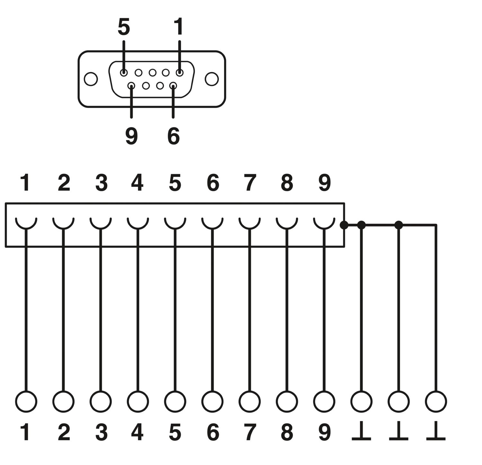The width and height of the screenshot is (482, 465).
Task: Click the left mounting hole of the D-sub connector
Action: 91,79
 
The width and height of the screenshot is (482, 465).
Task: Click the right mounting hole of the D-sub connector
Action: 212,79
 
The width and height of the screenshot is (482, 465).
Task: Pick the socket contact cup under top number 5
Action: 175,223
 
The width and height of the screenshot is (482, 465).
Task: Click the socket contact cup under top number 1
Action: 26,223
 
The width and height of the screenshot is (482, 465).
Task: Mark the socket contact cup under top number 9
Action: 324,223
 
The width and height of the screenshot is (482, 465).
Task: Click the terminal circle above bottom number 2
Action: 63,401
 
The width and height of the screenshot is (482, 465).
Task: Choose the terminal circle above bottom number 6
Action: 212,401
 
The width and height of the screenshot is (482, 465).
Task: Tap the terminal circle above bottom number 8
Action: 287,401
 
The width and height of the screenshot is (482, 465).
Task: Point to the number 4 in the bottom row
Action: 138,432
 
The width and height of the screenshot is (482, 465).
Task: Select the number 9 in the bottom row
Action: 325,432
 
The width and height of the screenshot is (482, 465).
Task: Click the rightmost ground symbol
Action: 436,432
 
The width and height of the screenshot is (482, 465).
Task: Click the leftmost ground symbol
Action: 361,432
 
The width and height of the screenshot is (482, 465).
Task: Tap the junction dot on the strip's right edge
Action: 344,225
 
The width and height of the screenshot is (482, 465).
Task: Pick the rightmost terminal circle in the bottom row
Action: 436,401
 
